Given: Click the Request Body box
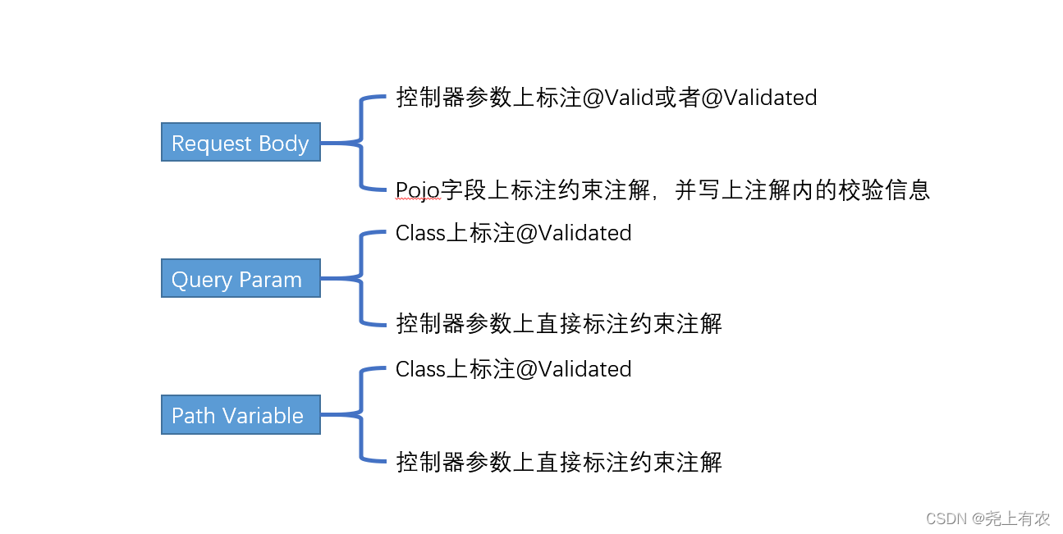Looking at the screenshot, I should pyautogui.click(x=241, y=143).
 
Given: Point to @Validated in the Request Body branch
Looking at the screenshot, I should pyautogui.click(x=758, y=98).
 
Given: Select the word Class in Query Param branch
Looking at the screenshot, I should pyautogui.click(x=420, y=233).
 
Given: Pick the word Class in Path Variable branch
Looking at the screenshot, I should pyautogui.click(x=420, y=369).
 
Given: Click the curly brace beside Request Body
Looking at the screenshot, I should pyautogui.click(x=360, y=144).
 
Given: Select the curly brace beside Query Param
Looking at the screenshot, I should pyautogui.click(x=360, y=279).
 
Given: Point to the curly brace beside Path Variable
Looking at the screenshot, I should pyautogui.click(x=360, y=415).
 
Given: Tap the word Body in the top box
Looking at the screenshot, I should pyautogui.click(x=284, y=144).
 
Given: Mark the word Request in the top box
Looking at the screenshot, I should pyautogui.click(x=212, y=144).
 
